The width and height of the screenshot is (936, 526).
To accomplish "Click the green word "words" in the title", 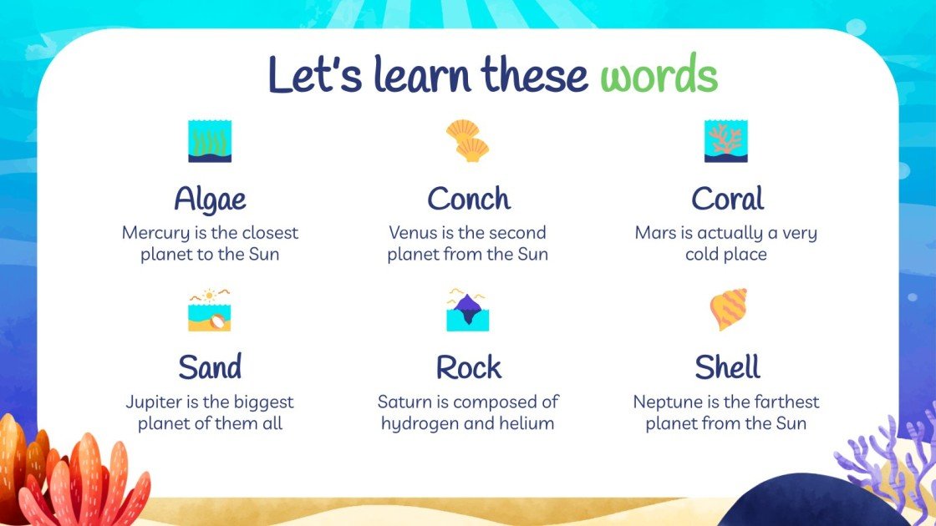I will [x=659, y=76].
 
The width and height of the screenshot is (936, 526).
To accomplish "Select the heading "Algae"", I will [x=210, y=200].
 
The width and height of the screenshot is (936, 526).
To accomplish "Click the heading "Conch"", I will [x=468, y=200].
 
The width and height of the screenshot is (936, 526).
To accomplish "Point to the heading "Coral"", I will [x=726, y=200].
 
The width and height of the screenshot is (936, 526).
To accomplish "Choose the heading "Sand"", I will [x=210, y=367].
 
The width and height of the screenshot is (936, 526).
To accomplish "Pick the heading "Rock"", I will [x=468, y=367].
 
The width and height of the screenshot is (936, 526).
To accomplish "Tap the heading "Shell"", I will [x=726, y=367].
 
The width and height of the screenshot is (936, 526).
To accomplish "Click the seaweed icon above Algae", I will [x=210, y=141].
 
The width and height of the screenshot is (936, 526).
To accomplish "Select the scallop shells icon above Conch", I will [x=467, y=140].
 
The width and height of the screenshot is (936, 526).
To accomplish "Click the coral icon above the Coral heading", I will [x=725, y=141].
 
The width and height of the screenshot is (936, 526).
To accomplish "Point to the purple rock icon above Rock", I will [x=467, y=310].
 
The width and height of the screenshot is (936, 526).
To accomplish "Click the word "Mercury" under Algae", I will [x=155, y=234].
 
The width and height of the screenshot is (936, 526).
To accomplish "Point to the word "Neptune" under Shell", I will [x=666, y=402].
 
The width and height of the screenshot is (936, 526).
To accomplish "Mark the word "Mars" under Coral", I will [x=655, y=233].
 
